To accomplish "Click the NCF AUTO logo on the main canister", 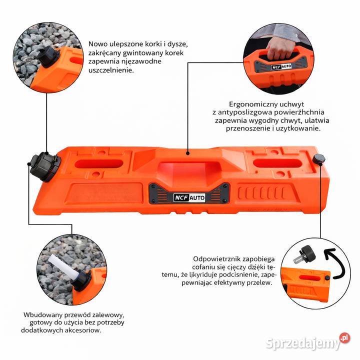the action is (189, 197).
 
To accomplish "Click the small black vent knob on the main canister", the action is (319, 159).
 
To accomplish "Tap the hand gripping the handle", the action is (279, 47).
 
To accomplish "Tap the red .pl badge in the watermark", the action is (344, 338).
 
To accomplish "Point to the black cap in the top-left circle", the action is (48, 56).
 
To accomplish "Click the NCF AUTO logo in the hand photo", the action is (281, 66).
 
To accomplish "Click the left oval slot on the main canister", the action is (99, 163).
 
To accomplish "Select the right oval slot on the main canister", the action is (277, 163).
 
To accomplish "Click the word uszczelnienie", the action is (111, 70).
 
